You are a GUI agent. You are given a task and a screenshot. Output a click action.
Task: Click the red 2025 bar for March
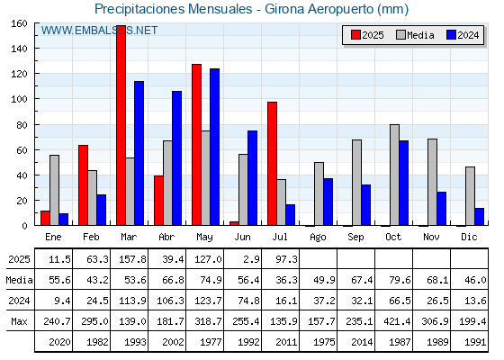(x=121, y=125)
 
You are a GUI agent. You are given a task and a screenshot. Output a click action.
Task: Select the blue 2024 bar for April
(x=176, y=158)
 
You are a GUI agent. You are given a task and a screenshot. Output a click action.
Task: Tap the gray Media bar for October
(x=395, y=175)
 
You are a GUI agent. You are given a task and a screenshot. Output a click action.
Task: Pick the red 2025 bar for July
(x=272, y=164)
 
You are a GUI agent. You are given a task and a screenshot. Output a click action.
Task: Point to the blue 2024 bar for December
(x=480, y=217)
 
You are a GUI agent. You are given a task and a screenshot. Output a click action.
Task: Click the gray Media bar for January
(x=54, y=190)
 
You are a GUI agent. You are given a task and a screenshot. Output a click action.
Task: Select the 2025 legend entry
(x=367, y=35)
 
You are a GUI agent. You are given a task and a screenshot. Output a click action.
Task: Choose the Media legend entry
(x=415, y=35)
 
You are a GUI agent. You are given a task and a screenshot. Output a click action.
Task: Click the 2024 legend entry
(x=463, y=35)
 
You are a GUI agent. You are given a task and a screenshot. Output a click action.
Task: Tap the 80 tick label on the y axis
(x=22, y=125)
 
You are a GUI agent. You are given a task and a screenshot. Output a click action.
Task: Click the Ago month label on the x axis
(x=319, y=238)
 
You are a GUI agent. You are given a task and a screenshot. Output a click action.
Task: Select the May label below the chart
(x=205, y=238)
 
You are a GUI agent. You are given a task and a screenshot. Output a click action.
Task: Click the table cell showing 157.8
(x=132, y=259)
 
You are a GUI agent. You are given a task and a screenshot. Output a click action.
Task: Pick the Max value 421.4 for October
(x=397, y=321)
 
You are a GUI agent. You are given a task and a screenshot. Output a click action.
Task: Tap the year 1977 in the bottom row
(x=211, y=342)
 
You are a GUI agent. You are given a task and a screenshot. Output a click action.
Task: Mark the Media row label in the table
(x=19, y=280)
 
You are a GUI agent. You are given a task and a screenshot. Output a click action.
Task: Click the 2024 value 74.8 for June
(x=248, y=301)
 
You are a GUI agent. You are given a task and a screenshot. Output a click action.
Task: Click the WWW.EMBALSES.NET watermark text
(x=99, y=31)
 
